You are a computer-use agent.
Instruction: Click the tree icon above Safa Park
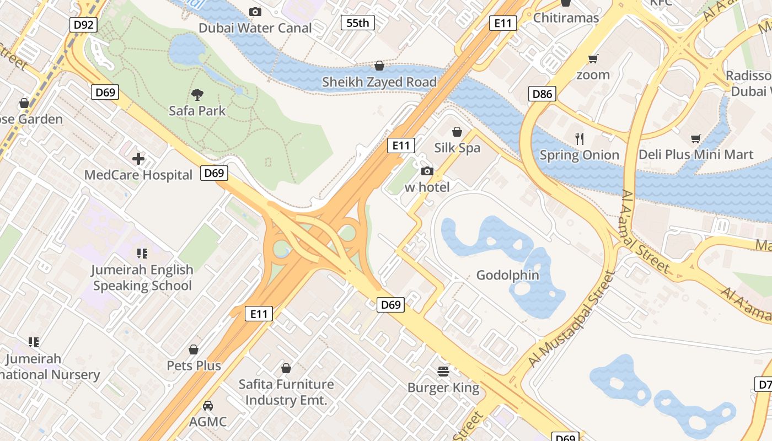[197, 94]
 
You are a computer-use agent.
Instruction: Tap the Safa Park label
[197, 111]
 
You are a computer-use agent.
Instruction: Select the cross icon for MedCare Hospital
[138, 159]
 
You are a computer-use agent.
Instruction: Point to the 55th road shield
[357, 23]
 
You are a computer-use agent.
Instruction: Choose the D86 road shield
[542, 94]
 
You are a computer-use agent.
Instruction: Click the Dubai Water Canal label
[255, 28]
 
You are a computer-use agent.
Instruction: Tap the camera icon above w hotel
[427, 171]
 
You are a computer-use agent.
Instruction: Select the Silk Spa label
[457, 148]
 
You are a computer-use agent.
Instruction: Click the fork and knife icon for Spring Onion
[579, 138]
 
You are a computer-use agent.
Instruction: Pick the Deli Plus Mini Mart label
[696, 154]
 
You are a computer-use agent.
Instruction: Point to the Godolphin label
[508, 275]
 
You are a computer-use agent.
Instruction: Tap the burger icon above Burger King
[443, 372]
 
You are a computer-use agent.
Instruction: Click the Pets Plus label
[194, 365]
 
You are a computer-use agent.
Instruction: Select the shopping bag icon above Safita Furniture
[286, 368]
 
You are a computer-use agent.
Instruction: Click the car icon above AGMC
[208, 406]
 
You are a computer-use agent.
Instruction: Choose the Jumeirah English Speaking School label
[143, 277]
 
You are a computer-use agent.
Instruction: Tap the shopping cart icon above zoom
[593, 58]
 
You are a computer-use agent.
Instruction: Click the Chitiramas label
[566, 18]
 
